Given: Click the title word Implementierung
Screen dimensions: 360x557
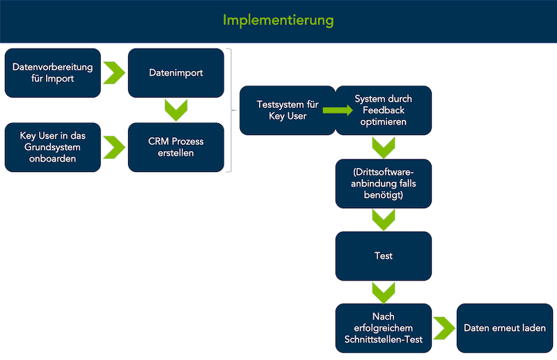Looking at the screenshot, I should click(278, 20).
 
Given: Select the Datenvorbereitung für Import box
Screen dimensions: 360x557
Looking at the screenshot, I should click(53, 72).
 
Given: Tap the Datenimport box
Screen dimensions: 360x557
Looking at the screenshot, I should click(176, 72).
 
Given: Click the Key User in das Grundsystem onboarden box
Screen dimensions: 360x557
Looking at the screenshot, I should click(53, 147).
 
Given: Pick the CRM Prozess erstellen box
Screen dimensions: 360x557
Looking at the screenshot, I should click(176, 147).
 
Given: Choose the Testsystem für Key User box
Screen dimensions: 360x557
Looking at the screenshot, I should click(288, 110).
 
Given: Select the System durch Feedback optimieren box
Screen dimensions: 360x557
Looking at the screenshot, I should click(384, 110).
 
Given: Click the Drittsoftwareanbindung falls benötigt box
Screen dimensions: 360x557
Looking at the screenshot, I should click(384, 183).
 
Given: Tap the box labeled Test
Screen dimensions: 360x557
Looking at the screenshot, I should click(384, 256).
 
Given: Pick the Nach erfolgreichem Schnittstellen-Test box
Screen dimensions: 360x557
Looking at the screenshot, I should click(384, 327).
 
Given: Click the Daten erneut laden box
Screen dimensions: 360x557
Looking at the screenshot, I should click(504, 327).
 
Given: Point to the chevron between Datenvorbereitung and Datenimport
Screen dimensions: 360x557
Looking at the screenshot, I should click(113, 72).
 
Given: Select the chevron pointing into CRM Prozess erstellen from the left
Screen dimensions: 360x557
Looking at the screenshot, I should click(113, 147).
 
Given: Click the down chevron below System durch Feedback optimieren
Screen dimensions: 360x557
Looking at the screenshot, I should click(384, 148).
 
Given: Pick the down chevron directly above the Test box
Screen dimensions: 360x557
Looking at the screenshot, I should click(384, 220).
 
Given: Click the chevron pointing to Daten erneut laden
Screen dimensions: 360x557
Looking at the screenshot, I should click(444, 327).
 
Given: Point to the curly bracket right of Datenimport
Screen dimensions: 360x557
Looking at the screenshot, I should click(231, 110).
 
